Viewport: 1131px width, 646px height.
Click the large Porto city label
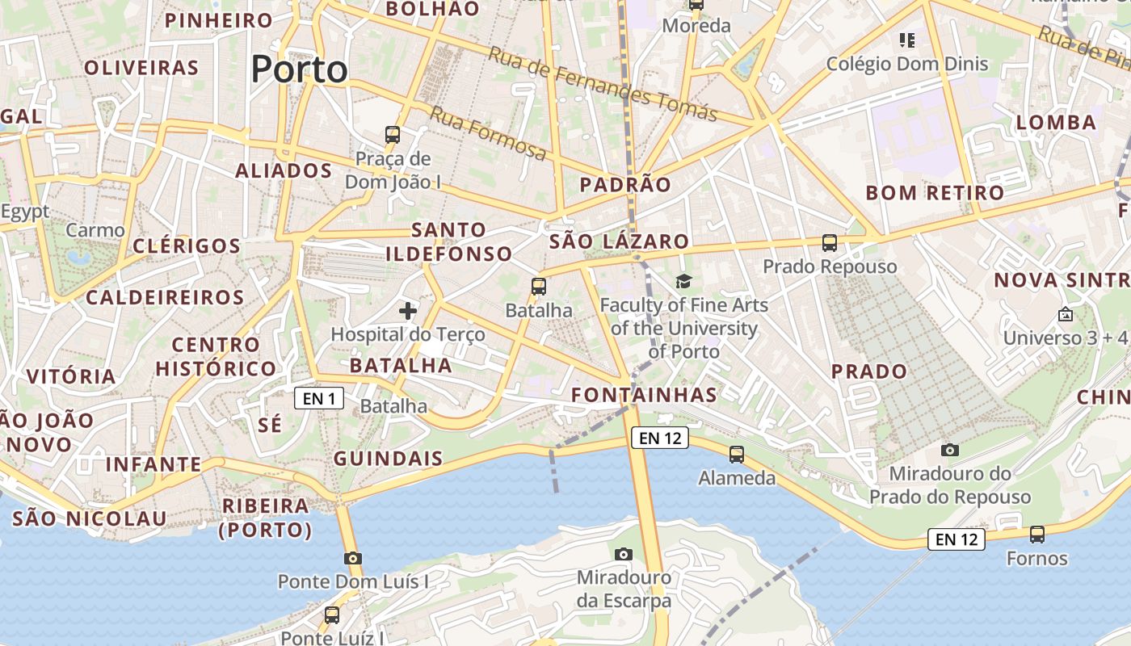click(299, 69)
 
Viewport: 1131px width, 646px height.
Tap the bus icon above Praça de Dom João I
click(393, 135)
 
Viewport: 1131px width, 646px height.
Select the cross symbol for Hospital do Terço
click(408, 310)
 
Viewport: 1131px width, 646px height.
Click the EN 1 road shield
click(319, 398)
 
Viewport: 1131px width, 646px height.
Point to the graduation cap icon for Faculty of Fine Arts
click(684, 281)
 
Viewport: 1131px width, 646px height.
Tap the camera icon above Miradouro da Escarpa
click(623, 554)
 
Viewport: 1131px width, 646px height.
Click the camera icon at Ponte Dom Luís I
click(352, 558)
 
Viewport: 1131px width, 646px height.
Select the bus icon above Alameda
click(737, 455)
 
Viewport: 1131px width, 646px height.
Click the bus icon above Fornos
click(1037, 535)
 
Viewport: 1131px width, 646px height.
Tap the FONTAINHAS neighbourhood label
click(644, 395)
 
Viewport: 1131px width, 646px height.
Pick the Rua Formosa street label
click(487, 132)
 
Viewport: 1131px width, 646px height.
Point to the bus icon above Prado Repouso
click(830, 242)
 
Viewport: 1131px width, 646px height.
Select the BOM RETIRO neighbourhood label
click(935, 193)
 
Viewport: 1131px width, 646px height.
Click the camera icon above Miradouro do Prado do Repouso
click(950, 450)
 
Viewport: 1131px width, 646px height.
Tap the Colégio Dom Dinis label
click(907, 64)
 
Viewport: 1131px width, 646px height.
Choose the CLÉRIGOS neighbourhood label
click(186, 245)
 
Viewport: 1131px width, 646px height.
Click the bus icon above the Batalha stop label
click(539, 286)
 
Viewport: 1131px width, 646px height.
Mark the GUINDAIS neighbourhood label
click(389, 459)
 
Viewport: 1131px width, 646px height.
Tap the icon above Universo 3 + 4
click(1065, 315)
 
